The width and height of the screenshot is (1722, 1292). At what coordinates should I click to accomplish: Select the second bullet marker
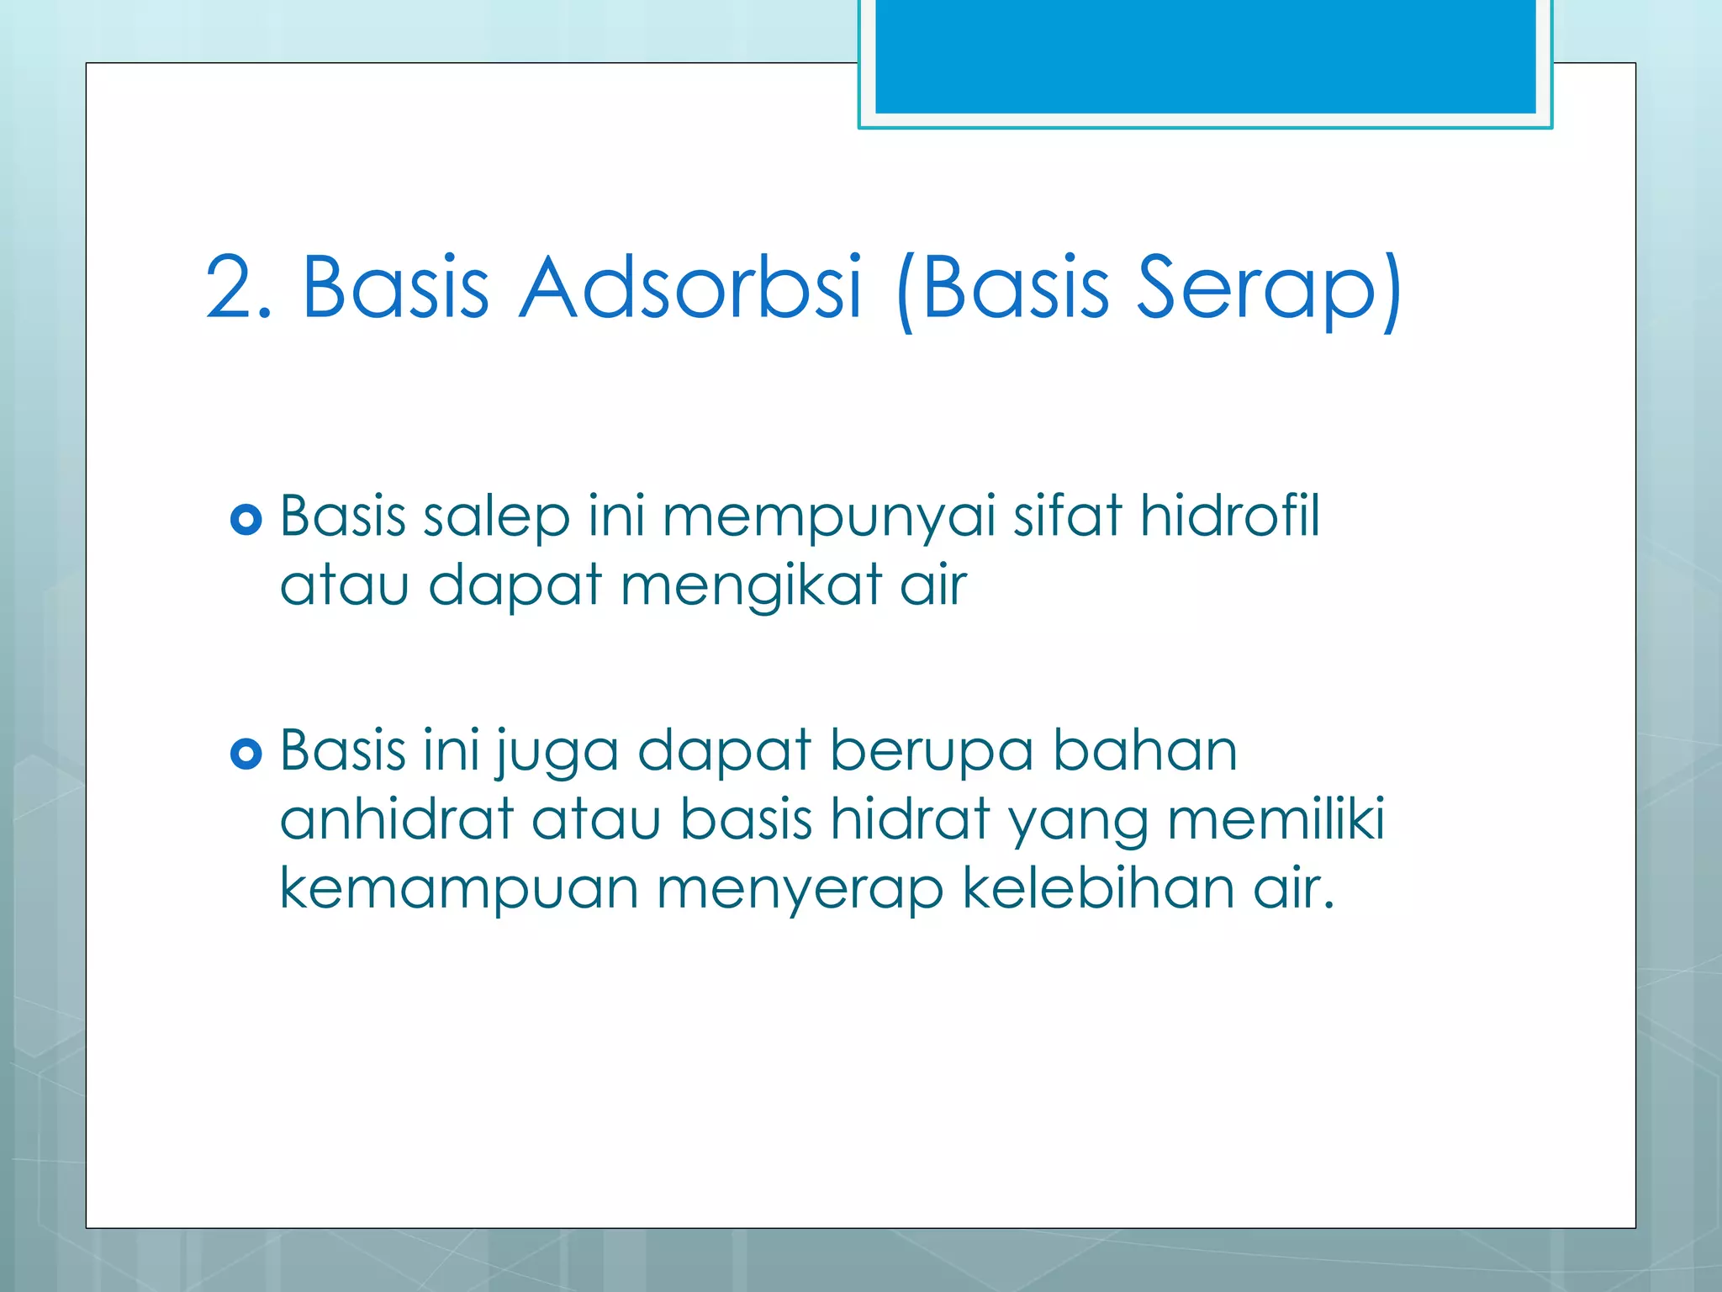coord(246,754)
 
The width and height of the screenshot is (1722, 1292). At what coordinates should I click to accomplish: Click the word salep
coord(496,517)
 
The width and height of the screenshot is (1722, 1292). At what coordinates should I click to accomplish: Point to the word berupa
coord(932,751)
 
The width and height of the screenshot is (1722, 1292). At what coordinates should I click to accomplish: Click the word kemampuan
coord(458,890)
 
